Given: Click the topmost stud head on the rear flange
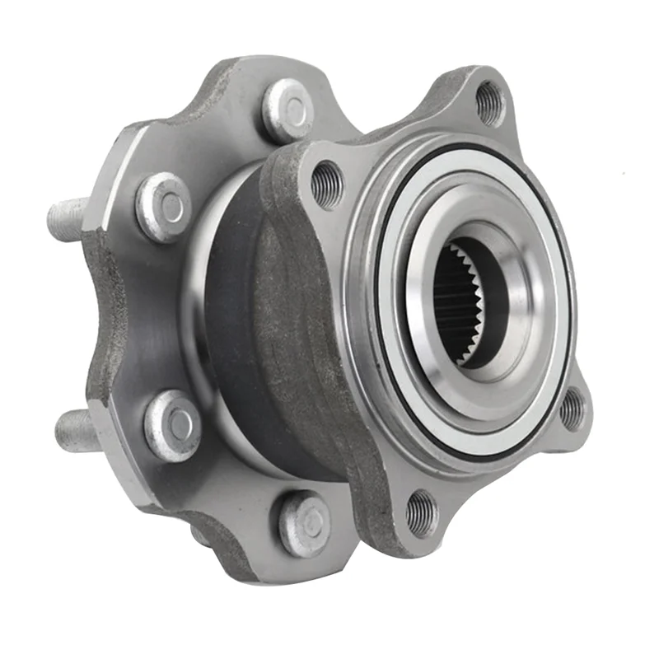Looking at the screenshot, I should click(x=287, y=110).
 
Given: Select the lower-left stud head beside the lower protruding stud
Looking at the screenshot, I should click(x=172, y=425).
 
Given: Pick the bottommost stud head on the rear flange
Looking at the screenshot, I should click(x=305, y=524).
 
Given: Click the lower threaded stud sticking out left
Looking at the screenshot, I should click(x=76, y=431).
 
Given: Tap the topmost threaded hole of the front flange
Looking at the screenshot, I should click(x=489, y=102).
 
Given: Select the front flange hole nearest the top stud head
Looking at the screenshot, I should click(x=327, y=184).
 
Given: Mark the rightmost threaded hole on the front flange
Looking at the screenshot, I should click(x=572, y=409).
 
